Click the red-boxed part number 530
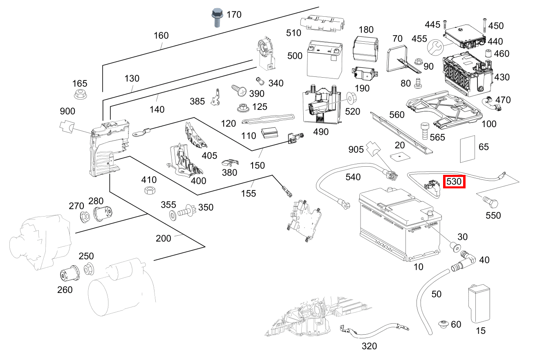pyautogui.click(x=454, y=181)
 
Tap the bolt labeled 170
pyautogui.click(x=216, y=18)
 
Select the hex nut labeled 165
pyautogui.click(x=81, y=95)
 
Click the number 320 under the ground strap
pyautogui.click(x=369, y=346)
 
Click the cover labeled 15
pyautogui.click(x=479, y=303)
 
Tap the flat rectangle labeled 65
pyautogui.click(x=468, y=149)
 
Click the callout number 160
pyautogui.click(x=161, y=36)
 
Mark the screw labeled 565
pyautogui.click(x=424, y=131)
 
